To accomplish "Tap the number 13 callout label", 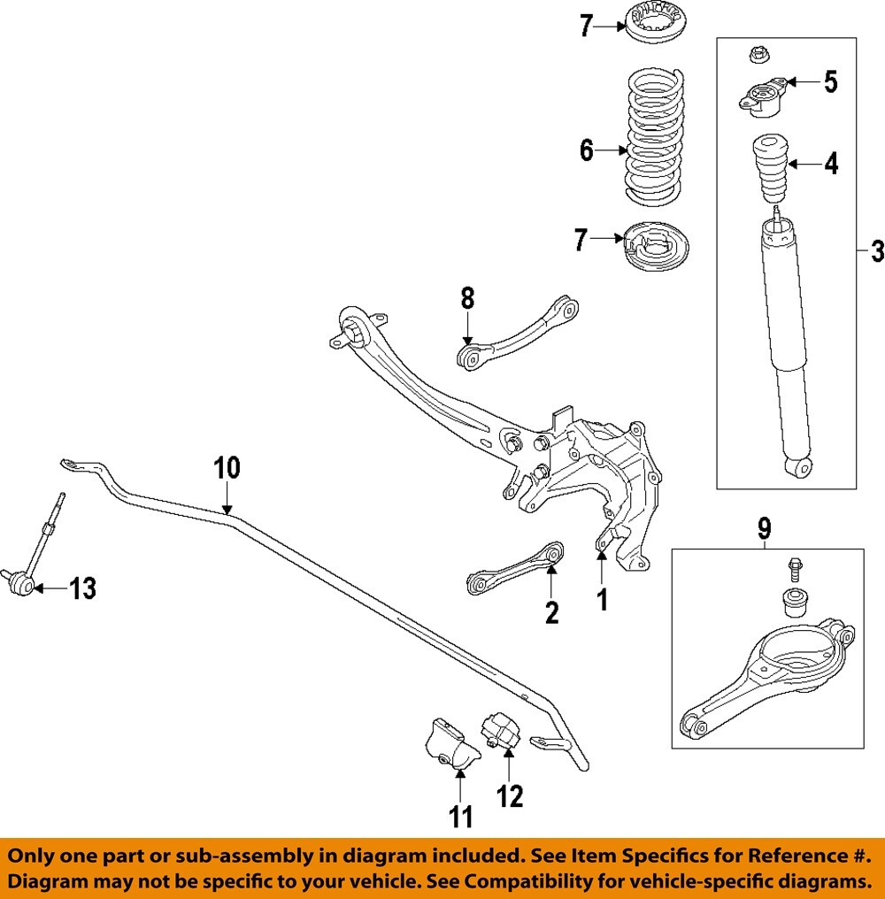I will point(82,588).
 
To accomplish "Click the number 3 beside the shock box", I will point(874,252).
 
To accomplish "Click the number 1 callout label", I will point(602,602).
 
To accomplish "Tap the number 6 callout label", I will point(587,150).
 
